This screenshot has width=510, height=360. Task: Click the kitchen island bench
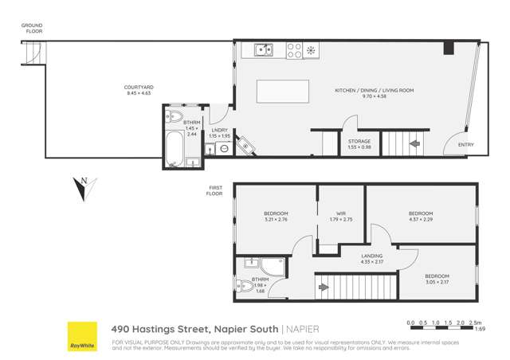(282, 92)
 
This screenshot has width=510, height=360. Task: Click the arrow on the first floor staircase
(324, 287)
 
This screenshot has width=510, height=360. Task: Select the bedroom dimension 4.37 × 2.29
(421, 219)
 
